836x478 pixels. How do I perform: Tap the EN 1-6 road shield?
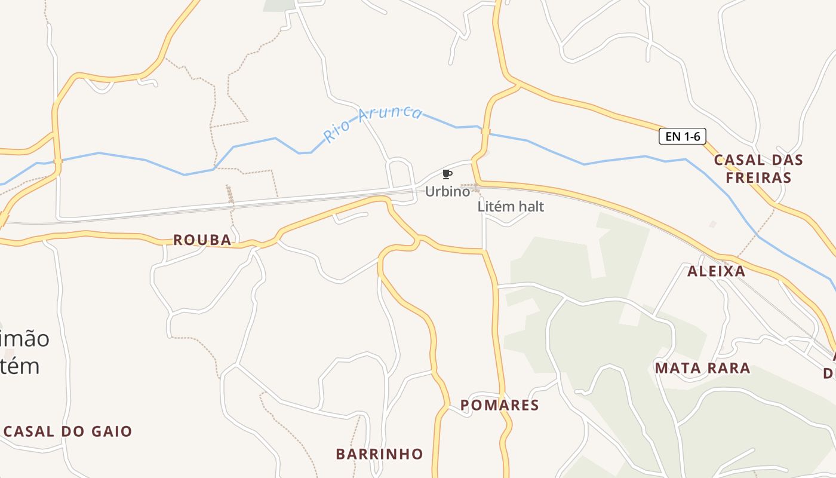click(x=683, y=136)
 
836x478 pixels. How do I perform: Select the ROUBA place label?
click(x=202, y=240)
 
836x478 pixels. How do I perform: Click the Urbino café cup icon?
click(x=447, y=174)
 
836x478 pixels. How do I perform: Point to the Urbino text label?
click(x=447, y=192)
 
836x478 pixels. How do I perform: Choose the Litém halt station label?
click(x=511, y=207)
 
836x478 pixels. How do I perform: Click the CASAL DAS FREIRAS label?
click(x=758, y=168)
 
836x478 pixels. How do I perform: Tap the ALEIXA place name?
click(x=716, y=271)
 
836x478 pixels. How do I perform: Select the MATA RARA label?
click(x=702, y=368)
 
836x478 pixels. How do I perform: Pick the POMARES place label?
click(x=500, y=405)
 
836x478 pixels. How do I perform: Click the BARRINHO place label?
click(x=379, y=454)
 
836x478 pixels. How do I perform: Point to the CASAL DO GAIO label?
click(x=68, y=431)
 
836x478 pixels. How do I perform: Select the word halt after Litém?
click(x=531, y=207)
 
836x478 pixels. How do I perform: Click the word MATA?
click(x=675, y=368)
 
